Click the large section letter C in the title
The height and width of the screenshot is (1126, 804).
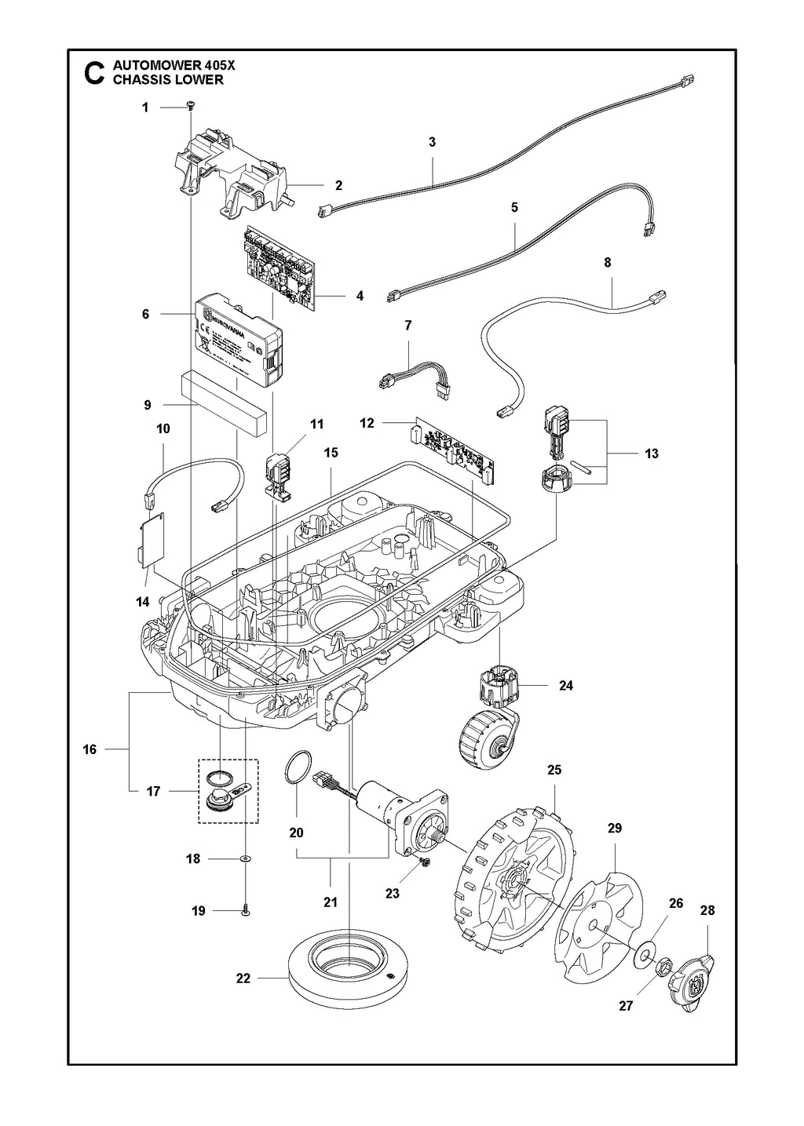pos(93,73)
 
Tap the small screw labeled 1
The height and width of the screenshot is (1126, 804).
pos(191,106)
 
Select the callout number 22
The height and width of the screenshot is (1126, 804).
pos(243,978)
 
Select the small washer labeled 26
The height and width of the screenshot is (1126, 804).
pos(646,953)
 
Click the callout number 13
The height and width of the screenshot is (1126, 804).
pos(651,454)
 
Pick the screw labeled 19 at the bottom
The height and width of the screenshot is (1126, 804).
pos(246,909)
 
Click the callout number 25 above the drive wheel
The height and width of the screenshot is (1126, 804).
pos(554,770)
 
